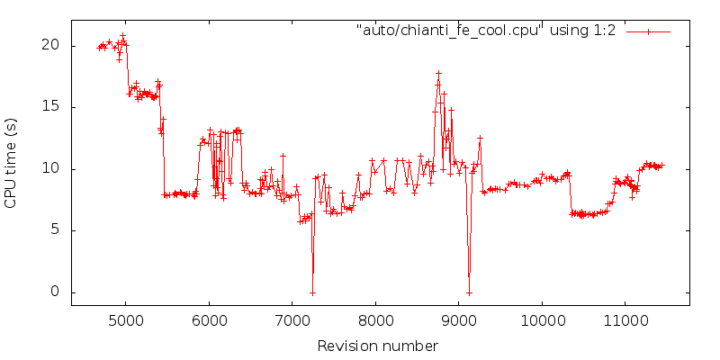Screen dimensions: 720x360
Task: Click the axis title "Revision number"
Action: (x=378, y=346)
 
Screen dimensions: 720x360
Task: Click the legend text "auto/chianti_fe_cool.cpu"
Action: (x=447, y=31)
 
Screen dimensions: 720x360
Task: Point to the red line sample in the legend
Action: (x=648, y=31)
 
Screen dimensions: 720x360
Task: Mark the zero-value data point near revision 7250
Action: (x=312, y=292)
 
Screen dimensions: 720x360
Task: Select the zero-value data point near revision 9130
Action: (x=469, y=292)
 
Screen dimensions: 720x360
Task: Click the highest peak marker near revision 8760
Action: (x=438, y=73)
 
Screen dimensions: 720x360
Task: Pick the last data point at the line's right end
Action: (x=661, y=165)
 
